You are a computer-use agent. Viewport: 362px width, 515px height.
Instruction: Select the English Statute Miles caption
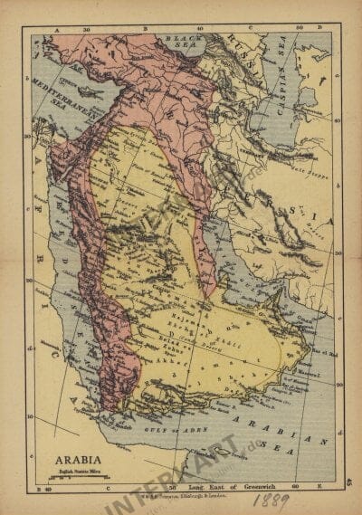pos(76,469)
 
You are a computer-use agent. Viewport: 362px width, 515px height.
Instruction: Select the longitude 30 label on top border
pos(87,29)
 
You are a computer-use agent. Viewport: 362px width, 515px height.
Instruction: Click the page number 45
pos(348,485)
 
